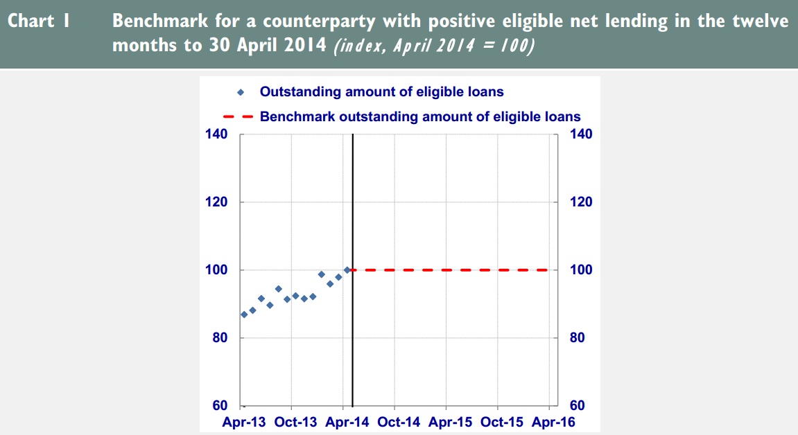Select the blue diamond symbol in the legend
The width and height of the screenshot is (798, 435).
[x=241, y=91]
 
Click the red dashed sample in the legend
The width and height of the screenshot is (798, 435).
[x=241, y=116]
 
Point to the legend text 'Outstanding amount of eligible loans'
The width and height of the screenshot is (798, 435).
[x=381, y=91]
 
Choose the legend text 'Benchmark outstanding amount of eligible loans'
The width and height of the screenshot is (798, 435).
[x=420, y=116]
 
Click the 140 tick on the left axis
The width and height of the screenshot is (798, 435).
[x=217, y=134]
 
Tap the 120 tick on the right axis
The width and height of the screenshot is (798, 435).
[x=581, y=202]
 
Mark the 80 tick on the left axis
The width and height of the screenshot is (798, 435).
[x=220, y=338]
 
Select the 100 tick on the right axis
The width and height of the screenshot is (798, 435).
[x=581, y=270]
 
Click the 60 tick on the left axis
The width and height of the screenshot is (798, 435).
[x=220, y=406]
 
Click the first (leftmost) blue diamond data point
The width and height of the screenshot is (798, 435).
[x=244, y=314]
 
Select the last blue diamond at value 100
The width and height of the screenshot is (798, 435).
[x=347, y=270]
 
